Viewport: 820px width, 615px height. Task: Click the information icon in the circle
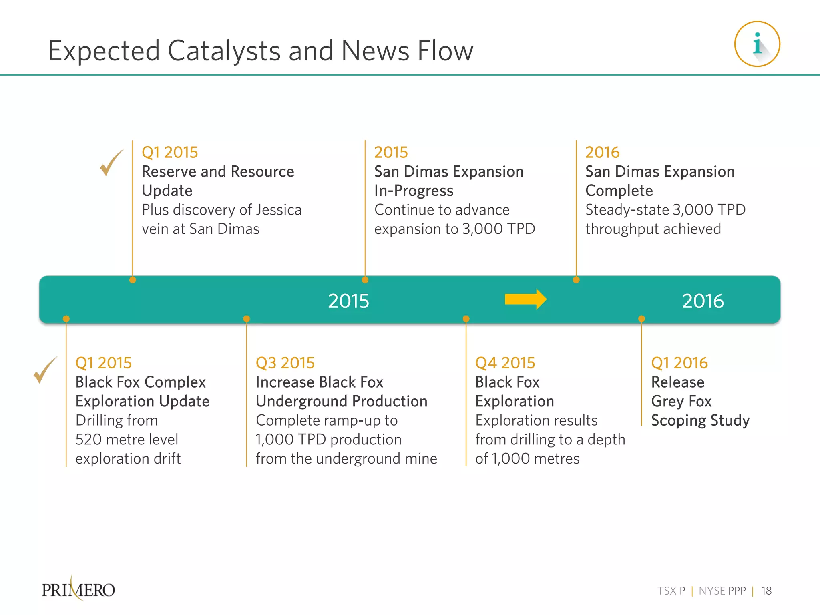[x=757, y=44]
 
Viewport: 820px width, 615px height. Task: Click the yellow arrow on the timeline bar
[x=525, y=299]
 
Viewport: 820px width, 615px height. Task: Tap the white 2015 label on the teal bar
[x=348, y=301]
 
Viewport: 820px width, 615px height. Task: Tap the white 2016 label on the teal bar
[x=703, y=301]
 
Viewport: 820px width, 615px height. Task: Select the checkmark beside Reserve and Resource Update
[x=111, y=163]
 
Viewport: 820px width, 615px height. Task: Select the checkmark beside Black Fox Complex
[x=44, y=370]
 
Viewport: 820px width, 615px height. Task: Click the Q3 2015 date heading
[x=285, y=363]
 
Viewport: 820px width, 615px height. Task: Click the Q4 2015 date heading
[x=505, y=363]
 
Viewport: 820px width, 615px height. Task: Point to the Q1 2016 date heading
[x=679, y=363]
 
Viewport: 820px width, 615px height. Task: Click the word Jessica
[x=279, y=210]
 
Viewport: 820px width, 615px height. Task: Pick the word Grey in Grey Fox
[x=667, y=401]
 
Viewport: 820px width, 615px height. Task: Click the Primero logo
[x=78, y=589]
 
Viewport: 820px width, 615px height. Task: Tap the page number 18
[x=766, y=591]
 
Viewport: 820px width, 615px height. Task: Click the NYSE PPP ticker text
[x=722, y=591]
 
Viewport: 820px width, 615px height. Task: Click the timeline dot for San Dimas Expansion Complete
[x=576, y=280]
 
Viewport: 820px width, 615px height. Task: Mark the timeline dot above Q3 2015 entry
[x=247, y=319]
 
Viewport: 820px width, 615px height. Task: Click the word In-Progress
[x=414, y=191]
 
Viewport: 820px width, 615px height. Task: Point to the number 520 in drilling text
[x=88, y=440]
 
